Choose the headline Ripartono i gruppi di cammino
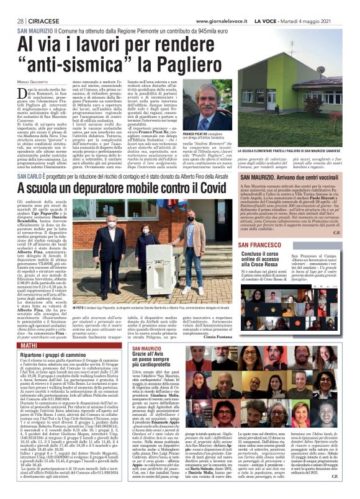point(53,353)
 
